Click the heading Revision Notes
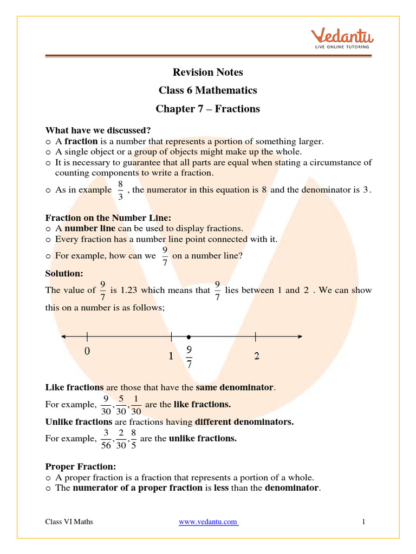[x=207, y=72]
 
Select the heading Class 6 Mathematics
[x=207, y=90]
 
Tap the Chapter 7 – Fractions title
[x=207, y=109]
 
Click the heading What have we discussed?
[x=98, y=130]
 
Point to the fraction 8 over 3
[x=120, y=190]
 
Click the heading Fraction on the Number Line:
[x=108, y=218]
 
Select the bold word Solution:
[x=64, y=274]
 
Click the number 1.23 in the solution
[x=127, y=290]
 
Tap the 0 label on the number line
[x=87, y=351]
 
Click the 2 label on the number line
[x=256, y=356]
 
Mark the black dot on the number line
[x=188, y=337]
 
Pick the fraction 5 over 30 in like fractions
[x=121, y=405]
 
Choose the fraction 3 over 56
[x=106, y=439]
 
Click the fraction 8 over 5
[x=133, y=439]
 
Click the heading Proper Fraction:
[x=81, y=466]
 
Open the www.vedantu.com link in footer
[x=209, y=522]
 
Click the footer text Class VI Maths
[x=69, y=522]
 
